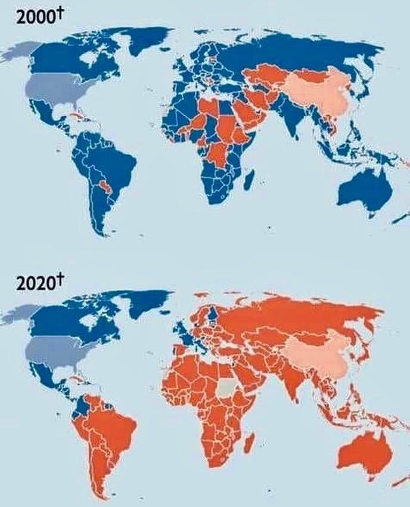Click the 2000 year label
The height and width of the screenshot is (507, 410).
31,16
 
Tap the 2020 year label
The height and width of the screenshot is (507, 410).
31,282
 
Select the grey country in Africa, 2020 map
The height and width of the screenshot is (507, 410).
226,388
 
